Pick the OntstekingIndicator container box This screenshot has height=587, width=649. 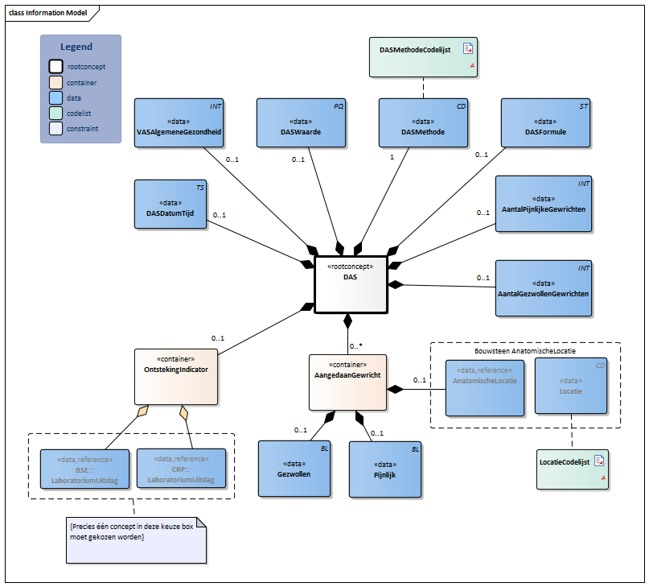175,376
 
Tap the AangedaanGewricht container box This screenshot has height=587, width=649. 347,378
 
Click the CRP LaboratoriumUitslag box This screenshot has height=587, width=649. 181,469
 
